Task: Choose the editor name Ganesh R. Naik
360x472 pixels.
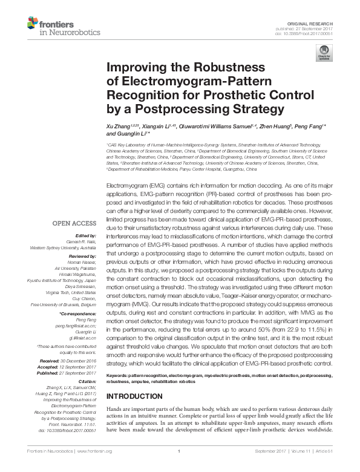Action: tap(82, 241)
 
